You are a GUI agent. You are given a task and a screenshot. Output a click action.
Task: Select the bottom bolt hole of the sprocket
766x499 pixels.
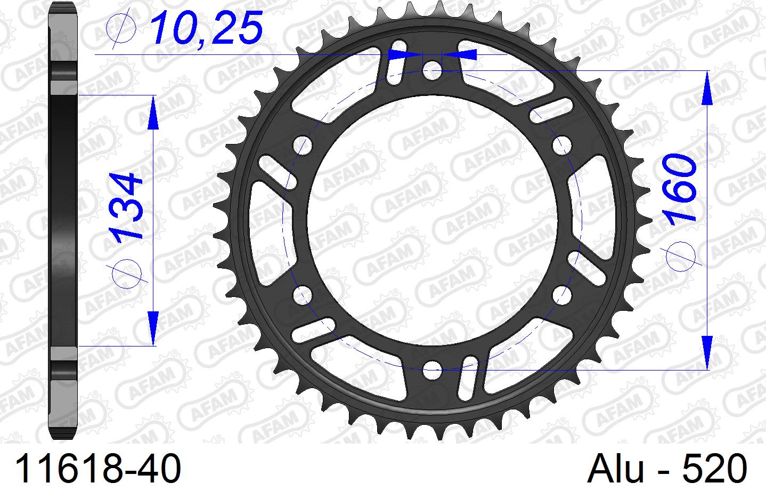(x=432, y=367)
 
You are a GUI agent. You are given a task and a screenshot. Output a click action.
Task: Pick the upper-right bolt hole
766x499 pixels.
(x=561, y=144)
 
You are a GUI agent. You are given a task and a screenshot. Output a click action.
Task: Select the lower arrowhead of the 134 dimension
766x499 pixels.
(x=153, y=327)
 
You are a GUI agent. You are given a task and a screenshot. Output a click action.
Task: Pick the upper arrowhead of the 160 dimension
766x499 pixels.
(x=707, y=88)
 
